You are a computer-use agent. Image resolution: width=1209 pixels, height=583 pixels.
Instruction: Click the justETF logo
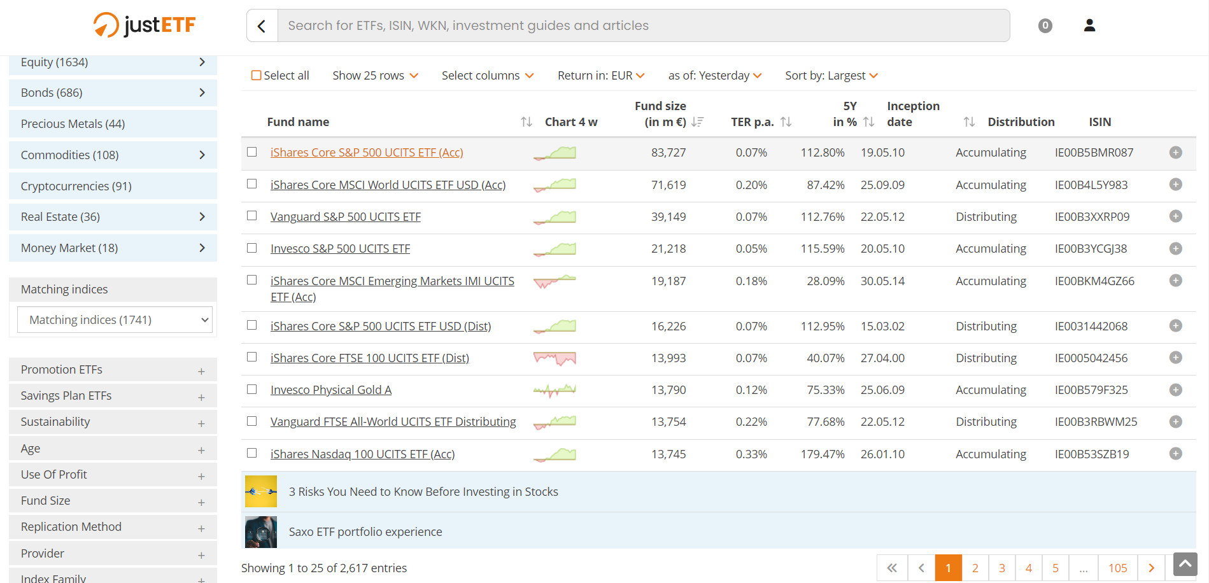[x=145, y=25]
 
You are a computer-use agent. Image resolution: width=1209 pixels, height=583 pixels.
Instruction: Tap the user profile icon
[x=1089, y=25]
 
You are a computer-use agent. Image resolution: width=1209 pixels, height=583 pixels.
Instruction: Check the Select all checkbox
[x=257, y=76]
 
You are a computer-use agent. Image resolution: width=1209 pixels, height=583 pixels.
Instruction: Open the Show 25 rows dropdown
[x=375, y=76]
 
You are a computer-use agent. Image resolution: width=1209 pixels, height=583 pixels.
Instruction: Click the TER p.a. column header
[x=752, y=122]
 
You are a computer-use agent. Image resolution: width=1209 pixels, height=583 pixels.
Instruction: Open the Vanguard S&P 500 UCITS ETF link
[x=345, y=217]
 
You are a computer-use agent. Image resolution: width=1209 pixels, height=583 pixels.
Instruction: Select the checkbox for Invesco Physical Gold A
[x=252, y=390]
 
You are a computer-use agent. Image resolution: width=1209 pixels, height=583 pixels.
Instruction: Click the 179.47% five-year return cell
[x=823, y=454]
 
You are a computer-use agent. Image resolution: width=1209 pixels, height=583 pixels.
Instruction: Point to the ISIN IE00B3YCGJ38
[x=1091, y=249]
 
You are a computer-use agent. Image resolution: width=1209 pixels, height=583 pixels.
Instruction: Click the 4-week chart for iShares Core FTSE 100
[x=555, y=358]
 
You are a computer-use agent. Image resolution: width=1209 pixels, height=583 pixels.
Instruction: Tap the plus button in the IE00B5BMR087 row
[x=1175, y=153]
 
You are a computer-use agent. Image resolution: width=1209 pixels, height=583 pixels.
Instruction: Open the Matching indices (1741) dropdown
[x=115, y=320]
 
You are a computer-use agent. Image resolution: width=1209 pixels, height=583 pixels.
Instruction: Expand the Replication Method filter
[x=113, y=527]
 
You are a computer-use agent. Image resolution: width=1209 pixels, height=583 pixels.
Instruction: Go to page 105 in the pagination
[x=1117, y=568]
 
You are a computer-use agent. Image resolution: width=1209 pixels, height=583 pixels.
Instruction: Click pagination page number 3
[x=1001, y=568]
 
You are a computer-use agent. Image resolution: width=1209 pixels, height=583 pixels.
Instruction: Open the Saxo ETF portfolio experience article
[x=365, y=532]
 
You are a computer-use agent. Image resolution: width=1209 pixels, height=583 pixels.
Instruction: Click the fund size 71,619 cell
[x=668, y=185]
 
